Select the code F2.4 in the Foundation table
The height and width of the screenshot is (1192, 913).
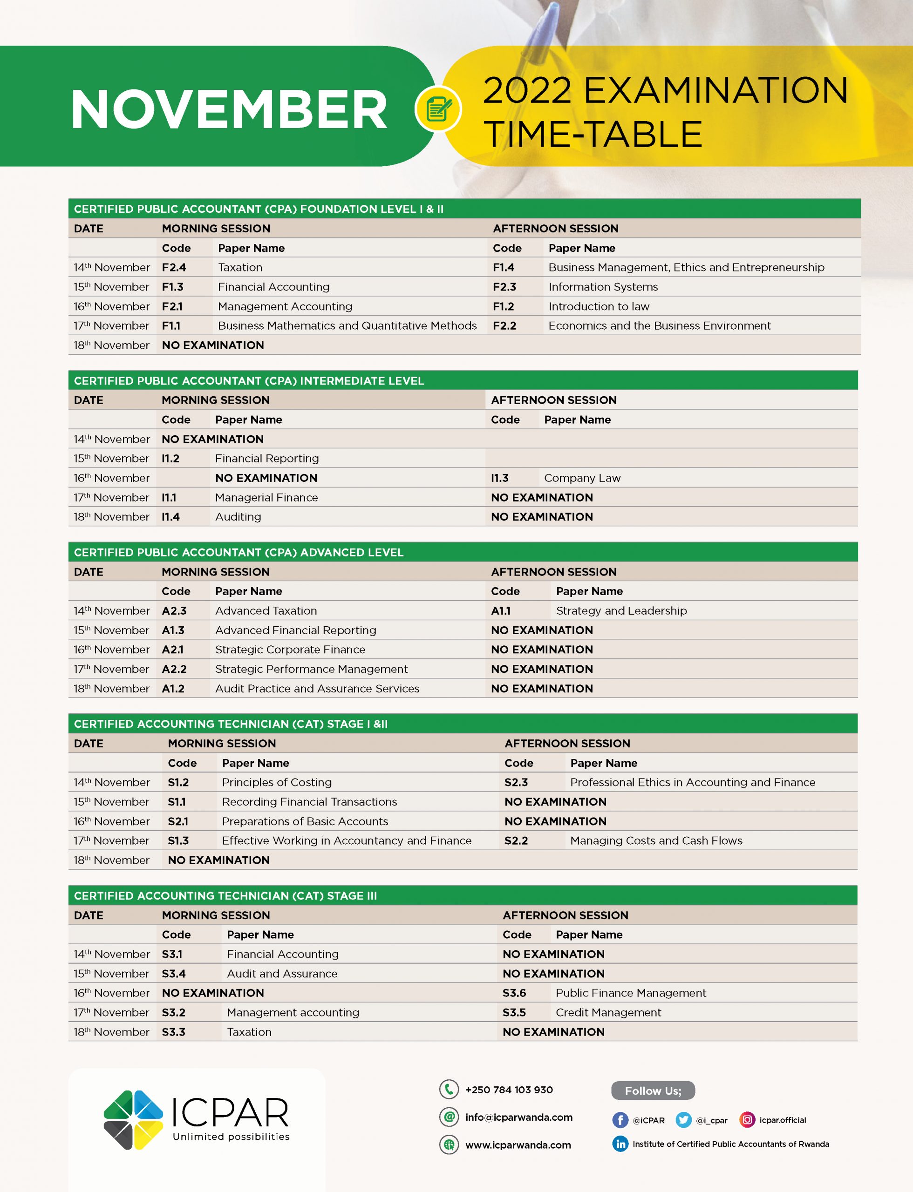[x=174, y=267]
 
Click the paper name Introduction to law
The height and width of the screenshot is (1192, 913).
[x=599, y=306]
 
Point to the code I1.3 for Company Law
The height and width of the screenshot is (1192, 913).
[x=499, y=478]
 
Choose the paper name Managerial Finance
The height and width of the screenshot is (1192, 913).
[x=266, y=498]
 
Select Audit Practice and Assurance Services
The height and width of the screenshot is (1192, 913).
[x=317, y=689]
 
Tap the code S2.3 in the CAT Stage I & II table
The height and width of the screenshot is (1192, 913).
[x=516, y=782]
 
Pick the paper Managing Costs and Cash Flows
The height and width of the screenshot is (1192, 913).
[x=656, y=841]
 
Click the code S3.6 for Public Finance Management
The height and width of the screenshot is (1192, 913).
[x=514, y=993]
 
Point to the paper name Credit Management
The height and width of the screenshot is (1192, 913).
[x=608, y=1013]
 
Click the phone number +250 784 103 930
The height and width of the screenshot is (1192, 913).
[x=509, y=1090]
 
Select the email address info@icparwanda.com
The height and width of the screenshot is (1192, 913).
[x=518, y=1117]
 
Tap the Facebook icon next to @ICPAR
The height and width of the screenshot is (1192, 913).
[x=620, y=1120]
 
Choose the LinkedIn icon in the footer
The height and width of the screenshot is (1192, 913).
[x=620, y=1144]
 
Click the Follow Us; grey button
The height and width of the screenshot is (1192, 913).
[x=653, y=1091]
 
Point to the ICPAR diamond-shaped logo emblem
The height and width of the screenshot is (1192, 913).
[x=133, y=1120]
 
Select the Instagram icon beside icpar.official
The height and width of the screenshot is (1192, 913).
[x=747, y=1120]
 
